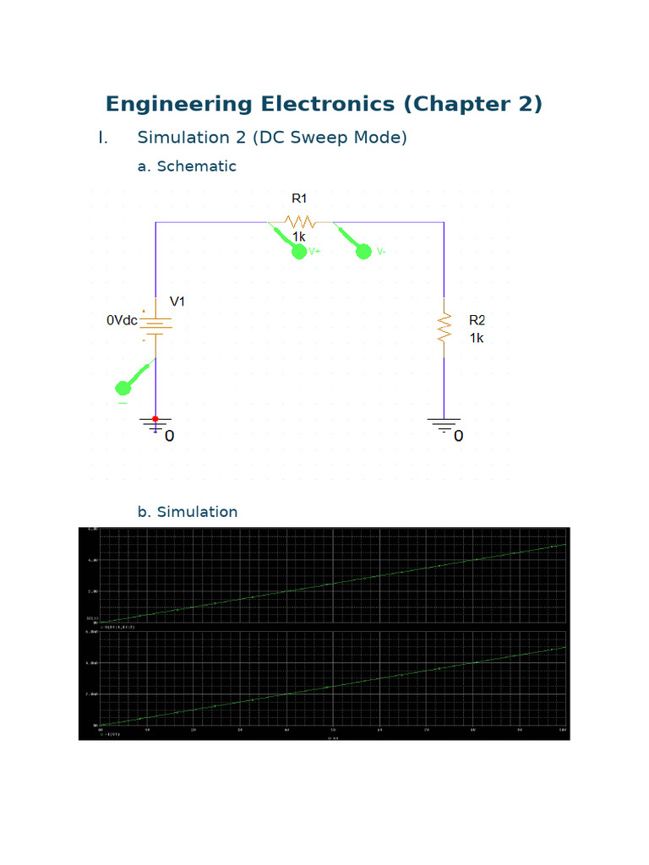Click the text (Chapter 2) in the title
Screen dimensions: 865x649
point(473,104)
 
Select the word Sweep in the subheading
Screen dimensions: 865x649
point(315,137)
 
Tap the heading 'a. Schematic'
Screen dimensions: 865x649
point(187,166)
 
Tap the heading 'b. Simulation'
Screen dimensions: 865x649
point(187,512)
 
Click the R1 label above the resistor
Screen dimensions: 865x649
point(299,199)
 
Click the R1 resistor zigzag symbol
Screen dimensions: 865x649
point(300,222)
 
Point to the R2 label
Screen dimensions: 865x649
point(477,320)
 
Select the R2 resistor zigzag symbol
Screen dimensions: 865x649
point(444,327)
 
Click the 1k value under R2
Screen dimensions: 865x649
point(477,337)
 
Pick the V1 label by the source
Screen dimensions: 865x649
point(178,302)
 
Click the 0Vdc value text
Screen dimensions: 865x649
point(122,321)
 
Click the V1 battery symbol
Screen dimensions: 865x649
point(155,324)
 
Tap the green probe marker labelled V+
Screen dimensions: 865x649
point(298,251)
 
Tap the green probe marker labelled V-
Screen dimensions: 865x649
point(363,251)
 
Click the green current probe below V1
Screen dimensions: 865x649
point(123,388)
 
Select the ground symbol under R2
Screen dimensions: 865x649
point(444,424)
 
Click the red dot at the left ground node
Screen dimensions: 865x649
point(155,419)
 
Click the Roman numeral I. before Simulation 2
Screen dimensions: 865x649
point(103,137)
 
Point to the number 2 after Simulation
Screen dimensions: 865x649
point(226,137)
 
